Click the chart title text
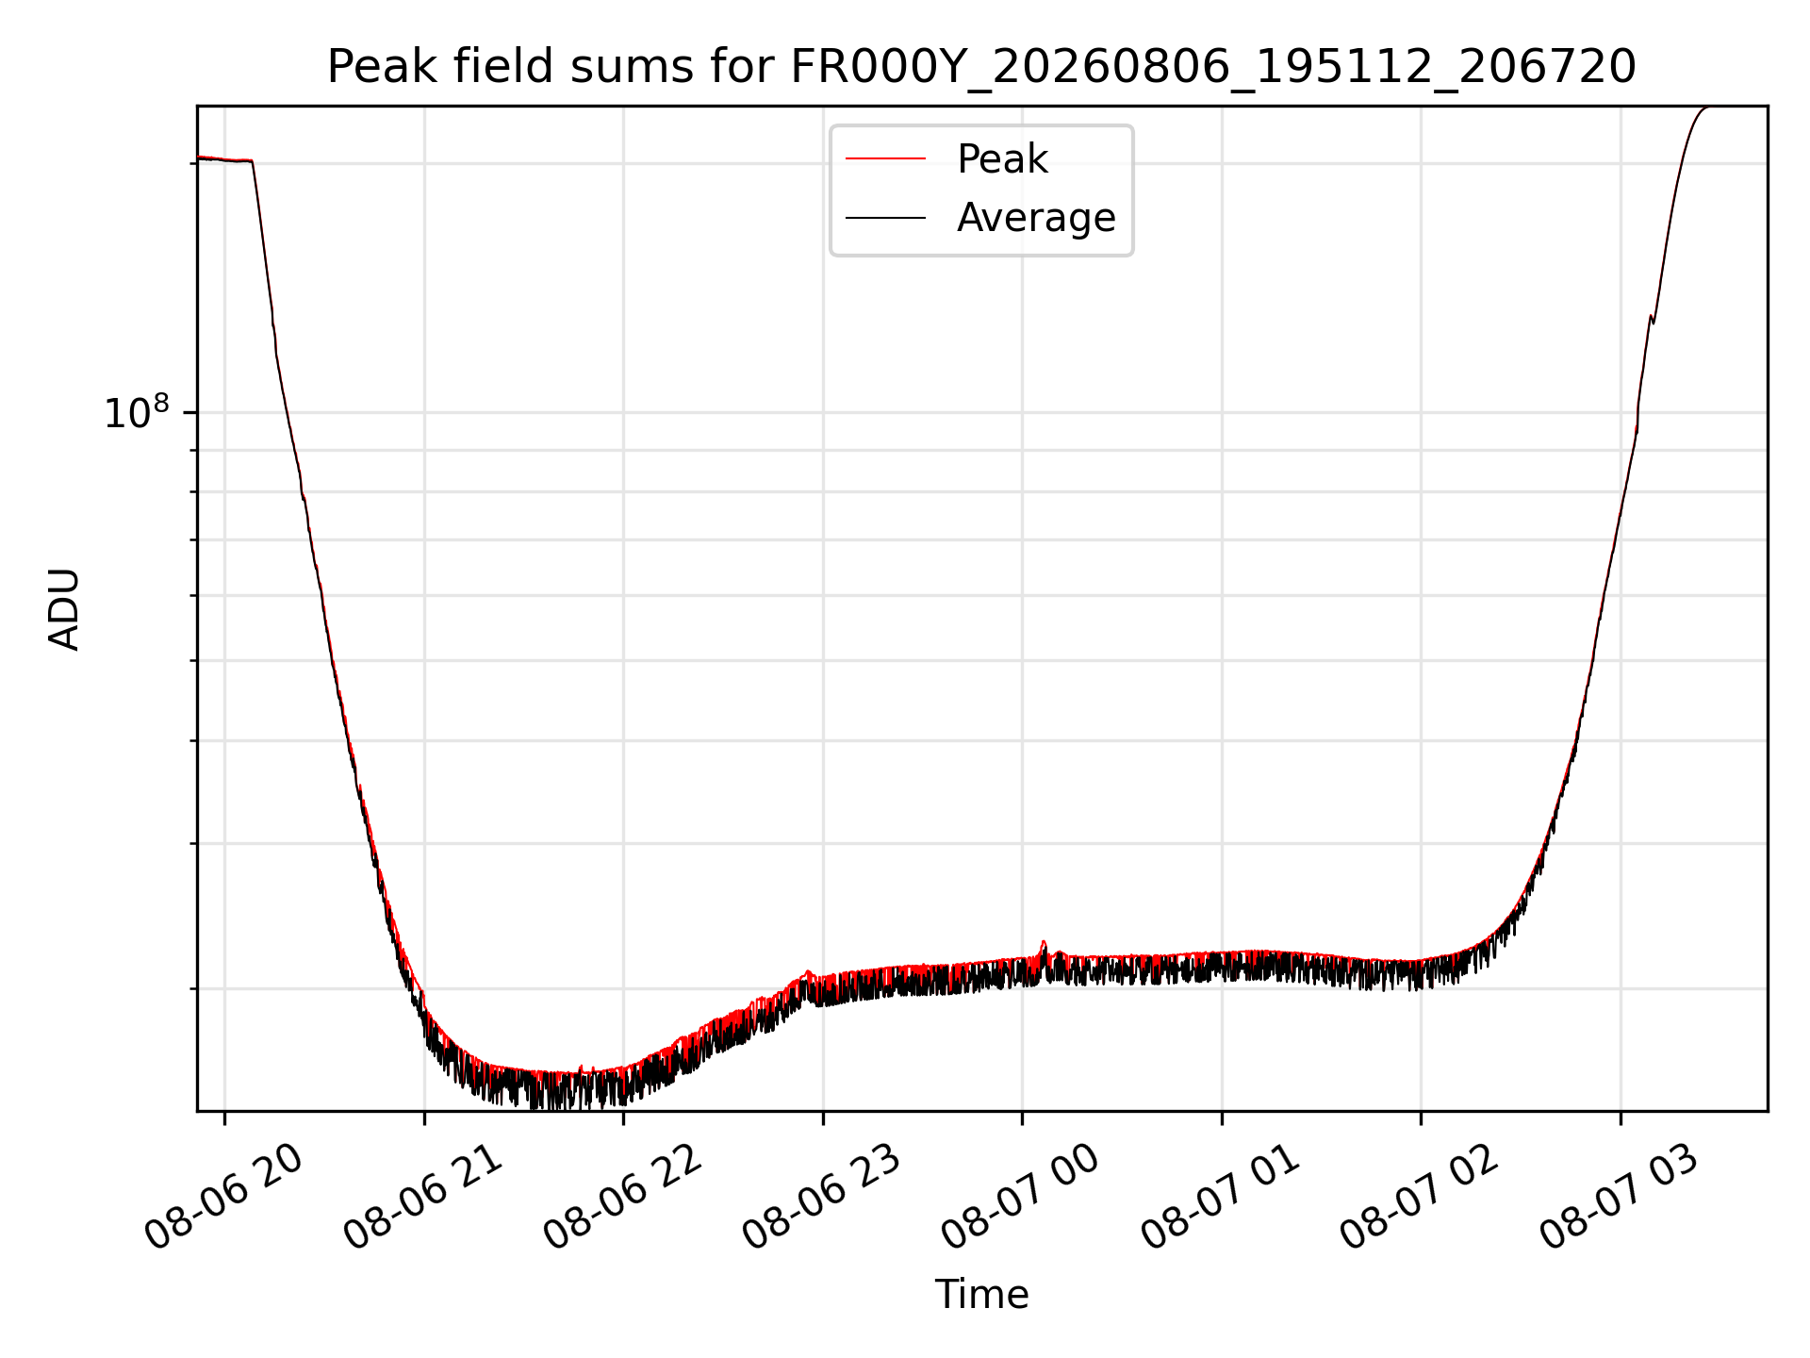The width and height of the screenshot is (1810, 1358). (x=981, y=67)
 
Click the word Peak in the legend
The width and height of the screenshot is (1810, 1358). (x=1002, y=159)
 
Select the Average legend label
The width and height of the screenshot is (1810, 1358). (x=1036, y=218)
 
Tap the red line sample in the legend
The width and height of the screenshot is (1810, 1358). (x=885, y=158)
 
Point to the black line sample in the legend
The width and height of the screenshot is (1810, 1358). (x=885, y=218)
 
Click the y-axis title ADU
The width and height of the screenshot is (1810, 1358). (x=64, y=609)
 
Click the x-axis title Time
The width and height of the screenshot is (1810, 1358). (x=981, y=1295)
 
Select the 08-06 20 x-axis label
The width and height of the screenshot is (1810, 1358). (x=225, y=1198)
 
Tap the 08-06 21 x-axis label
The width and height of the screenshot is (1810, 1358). (x=424, y=1198)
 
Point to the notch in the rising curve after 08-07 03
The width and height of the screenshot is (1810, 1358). (x=1652, y=320)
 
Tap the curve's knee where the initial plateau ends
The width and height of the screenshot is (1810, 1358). (x=252, y=162)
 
